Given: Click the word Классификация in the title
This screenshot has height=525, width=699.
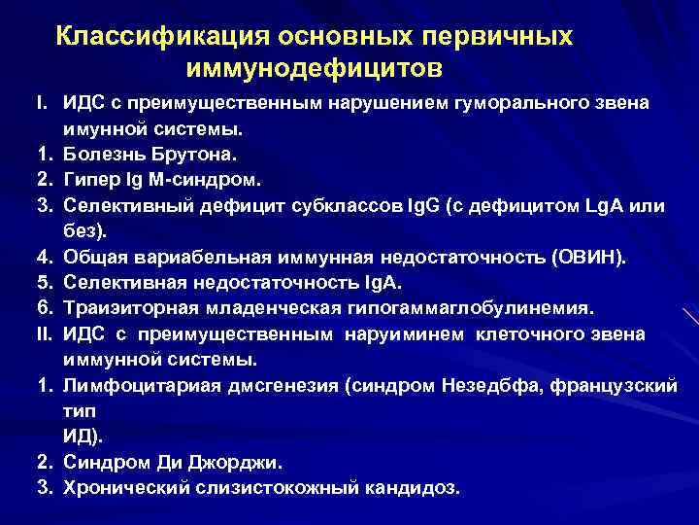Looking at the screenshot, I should [160, 36].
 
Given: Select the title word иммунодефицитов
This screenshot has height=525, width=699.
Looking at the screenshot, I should [315, 70].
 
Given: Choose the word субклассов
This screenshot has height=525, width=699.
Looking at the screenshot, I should [373, 206].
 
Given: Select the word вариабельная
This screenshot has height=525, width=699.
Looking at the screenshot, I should [189, 257].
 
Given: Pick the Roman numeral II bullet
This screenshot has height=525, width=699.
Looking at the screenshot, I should [43, 333].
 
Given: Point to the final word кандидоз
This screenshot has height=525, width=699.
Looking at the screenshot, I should [420, 487].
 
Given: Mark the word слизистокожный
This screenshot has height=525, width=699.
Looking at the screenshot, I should [270, 487].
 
